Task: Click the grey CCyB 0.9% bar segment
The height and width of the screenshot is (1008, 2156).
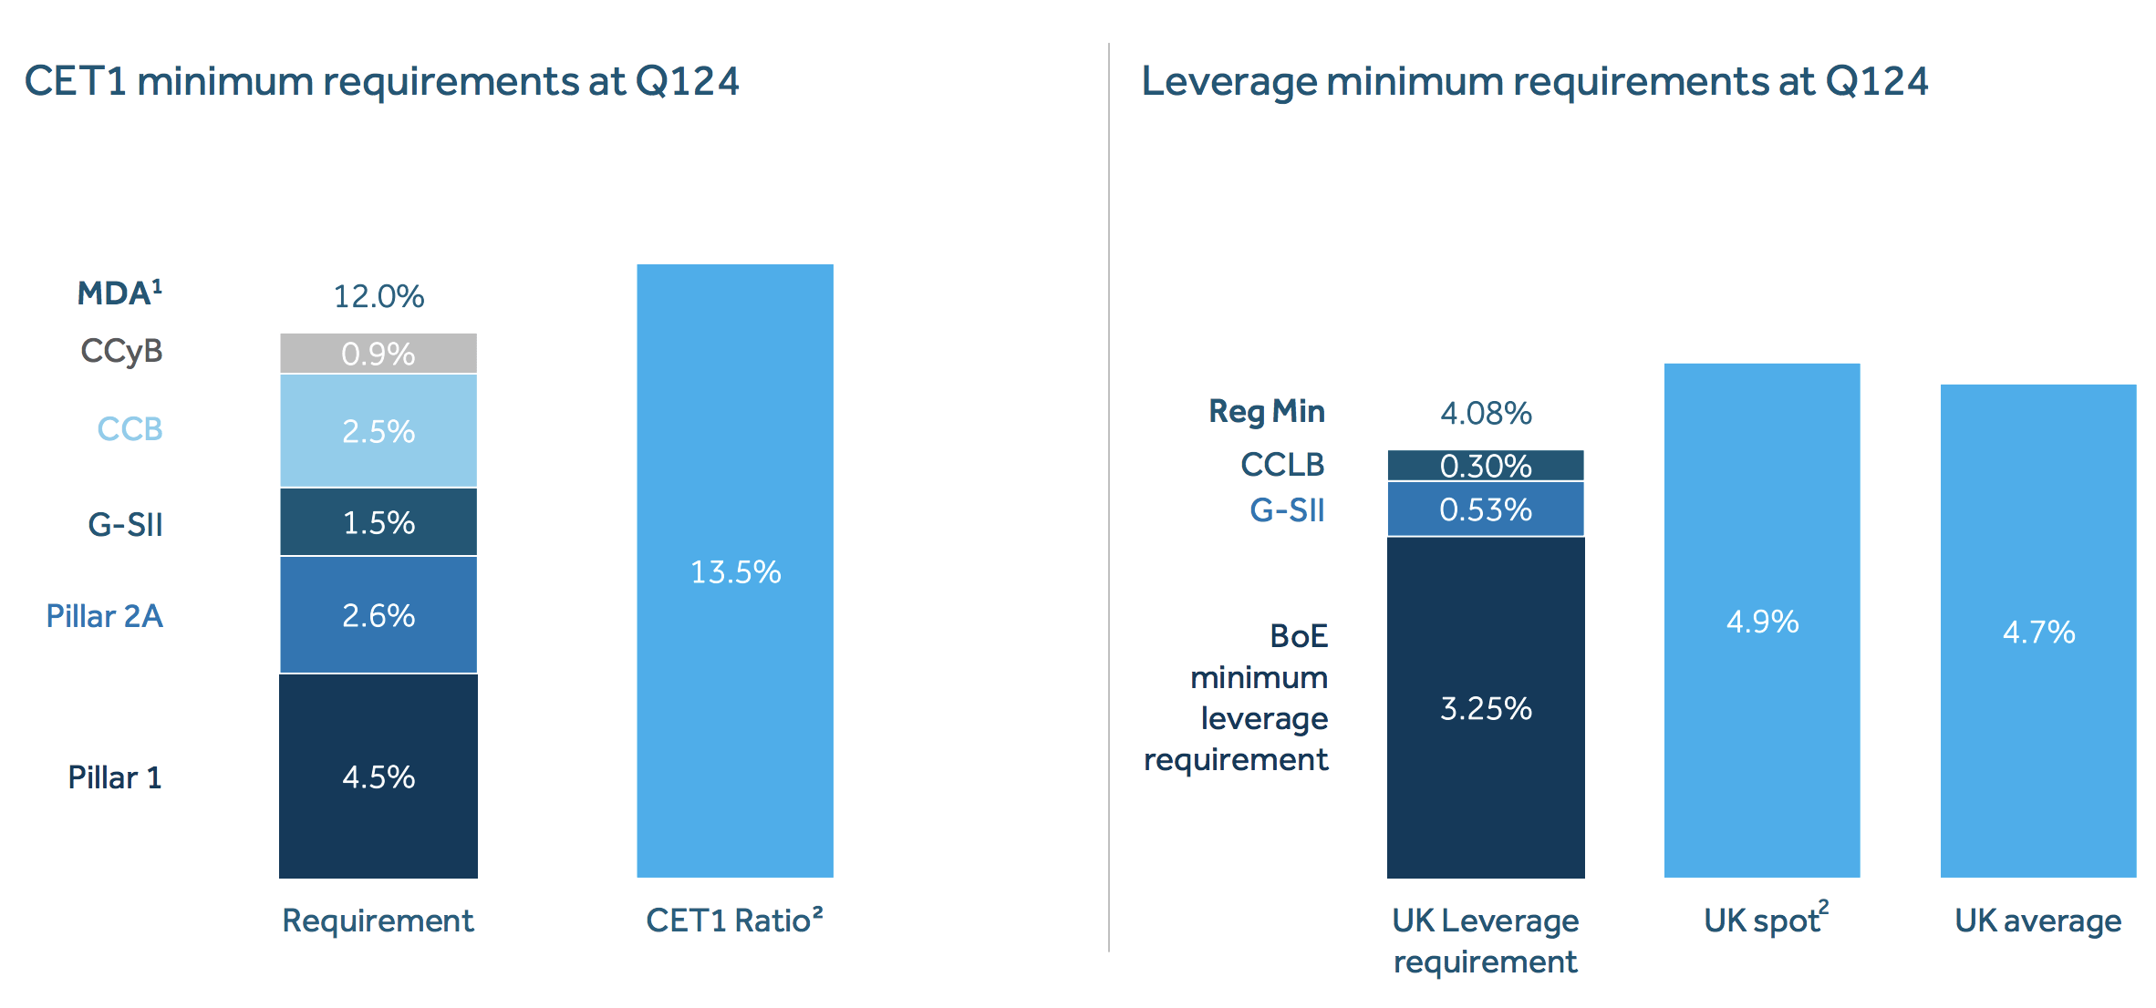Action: (378, 354)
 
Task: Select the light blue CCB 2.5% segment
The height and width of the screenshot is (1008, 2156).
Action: (378, 431)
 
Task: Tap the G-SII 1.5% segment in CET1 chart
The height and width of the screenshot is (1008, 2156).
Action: (378, 522)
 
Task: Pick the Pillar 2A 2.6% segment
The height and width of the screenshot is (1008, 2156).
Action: (378, 615)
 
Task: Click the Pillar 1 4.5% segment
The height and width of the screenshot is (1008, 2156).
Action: (378, 777)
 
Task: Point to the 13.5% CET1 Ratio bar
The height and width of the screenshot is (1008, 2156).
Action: (735, 571)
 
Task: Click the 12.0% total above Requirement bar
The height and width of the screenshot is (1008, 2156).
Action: (378, 296)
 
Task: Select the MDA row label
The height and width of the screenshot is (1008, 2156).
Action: (119, 293)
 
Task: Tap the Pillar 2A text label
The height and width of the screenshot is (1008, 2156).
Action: (104, 616)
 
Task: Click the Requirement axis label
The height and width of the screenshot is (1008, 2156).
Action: (378, 921)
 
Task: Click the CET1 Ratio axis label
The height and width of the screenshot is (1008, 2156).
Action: (734, 921)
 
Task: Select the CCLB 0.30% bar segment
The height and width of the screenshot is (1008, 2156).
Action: (1486, 466)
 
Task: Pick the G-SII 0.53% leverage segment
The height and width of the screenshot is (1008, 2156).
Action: (1486, 509)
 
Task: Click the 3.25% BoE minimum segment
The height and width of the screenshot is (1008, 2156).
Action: (1486, 708)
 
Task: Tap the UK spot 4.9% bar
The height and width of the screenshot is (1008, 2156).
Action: (1762, 622)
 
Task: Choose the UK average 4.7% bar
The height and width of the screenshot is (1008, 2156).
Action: (2038, 632)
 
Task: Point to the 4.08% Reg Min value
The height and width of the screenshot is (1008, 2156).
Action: (1486, 414)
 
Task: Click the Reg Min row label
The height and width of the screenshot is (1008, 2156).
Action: (1266, 411)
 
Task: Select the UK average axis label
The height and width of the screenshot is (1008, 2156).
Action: (2037, 921)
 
